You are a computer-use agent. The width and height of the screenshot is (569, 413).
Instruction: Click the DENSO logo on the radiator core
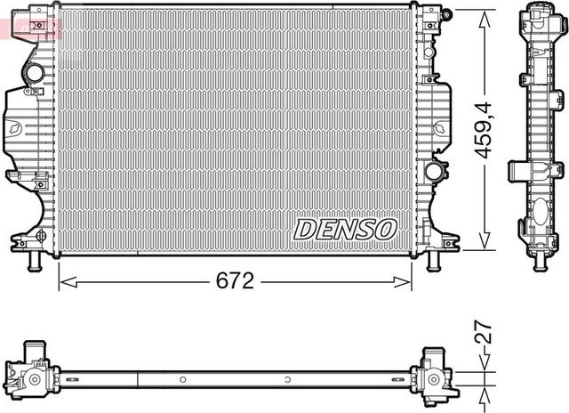345,229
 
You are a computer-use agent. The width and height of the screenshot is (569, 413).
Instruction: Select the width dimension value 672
236,281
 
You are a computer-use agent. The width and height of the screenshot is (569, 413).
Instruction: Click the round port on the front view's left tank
35,71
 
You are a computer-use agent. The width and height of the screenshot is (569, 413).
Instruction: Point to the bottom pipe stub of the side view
540,261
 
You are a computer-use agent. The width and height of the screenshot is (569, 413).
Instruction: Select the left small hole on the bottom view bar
182,379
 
